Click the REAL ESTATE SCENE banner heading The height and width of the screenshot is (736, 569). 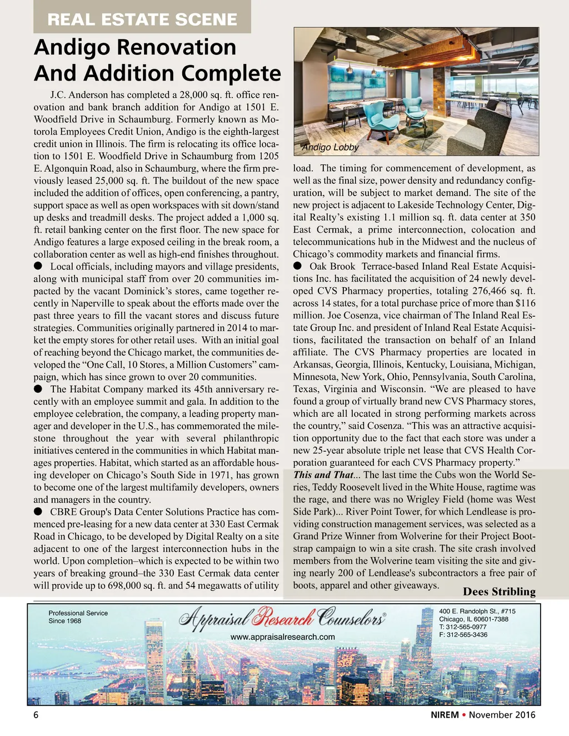[142, 19]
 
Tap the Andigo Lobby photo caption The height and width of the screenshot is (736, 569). [330, 147]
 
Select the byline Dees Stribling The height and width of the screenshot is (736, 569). [499, 592]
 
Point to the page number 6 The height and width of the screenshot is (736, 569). [36, 715]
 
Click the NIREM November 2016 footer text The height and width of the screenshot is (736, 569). [483, 715]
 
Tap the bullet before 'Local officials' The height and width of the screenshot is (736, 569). [38, 267]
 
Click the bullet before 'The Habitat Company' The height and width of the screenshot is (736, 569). [38, 389]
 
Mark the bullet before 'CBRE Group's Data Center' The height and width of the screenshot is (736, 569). [38, 512]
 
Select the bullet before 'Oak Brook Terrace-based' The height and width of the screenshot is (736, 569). [298, 266]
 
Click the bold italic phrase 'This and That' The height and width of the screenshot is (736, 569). [323, 475]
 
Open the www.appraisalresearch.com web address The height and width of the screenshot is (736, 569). [282, 637]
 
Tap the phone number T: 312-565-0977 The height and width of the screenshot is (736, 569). [463, 627]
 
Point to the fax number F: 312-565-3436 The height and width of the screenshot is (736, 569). [463, 634]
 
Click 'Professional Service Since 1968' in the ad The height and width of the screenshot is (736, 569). [78, 617]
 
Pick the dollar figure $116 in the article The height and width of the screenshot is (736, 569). [525, 303]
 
